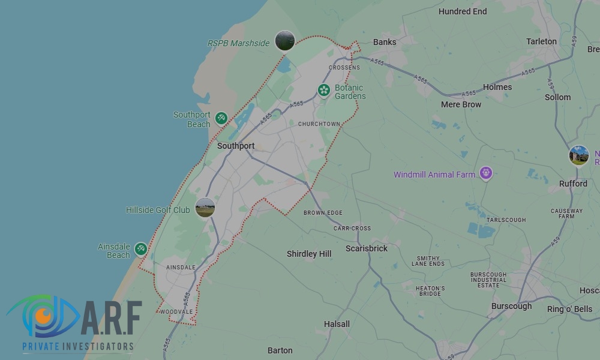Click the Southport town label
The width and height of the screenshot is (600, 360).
click(236, 146)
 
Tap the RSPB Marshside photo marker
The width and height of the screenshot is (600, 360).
click(285, 41)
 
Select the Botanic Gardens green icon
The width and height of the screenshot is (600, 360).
click(324, 91)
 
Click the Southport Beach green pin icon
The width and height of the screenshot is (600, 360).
click(221, 118)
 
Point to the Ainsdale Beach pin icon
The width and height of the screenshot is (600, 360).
click(140, 248)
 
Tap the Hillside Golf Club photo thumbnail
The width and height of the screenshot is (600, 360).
click(205, 208)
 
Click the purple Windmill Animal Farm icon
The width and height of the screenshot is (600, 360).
click(486, 174)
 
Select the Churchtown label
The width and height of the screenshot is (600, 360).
click(319, 124)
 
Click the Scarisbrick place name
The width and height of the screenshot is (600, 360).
click(367, 248)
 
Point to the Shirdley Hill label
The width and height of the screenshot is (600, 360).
click(309, 254)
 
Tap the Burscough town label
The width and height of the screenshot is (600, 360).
click(511, 306)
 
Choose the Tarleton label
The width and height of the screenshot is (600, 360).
click(541, 41)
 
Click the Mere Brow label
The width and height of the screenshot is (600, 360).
click(461, 104)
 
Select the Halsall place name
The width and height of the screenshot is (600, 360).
click(337, 324)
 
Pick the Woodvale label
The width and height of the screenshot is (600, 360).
click(176, 312)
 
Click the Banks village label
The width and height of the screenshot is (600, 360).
click(385, 42)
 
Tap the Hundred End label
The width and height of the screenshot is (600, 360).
click(463, 11)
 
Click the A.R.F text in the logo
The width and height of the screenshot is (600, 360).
click(111, 319)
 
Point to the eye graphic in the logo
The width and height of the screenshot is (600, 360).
click(42, 316)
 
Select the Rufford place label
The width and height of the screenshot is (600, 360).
click(573, 184)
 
